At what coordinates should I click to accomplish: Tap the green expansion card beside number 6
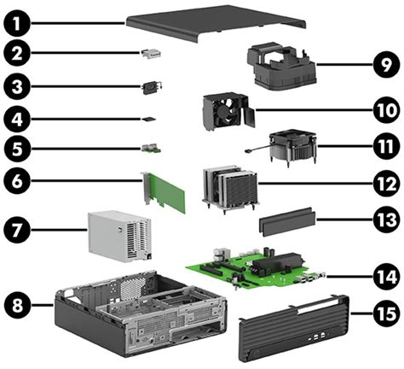point(164,195)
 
